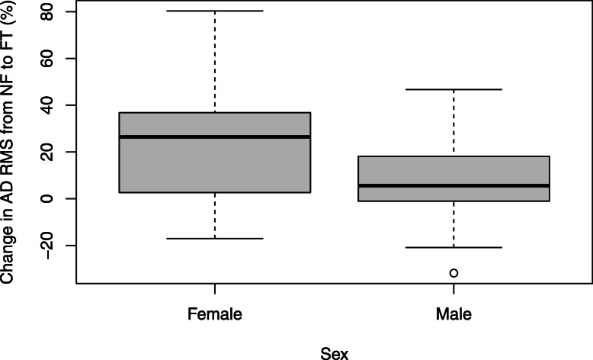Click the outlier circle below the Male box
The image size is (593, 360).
click(x=454, y=272)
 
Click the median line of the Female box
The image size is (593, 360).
click(x=214, y=137)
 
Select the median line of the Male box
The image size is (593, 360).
click(x=454, y=185)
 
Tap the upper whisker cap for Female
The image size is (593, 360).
click(x=214, y=11)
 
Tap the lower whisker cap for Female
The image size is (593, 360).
click(x=214, y=239)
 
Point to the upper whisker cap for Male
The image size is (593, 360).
click(x=454, y=89)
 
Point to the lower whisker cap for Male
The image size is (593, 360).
click(x=454, y=247)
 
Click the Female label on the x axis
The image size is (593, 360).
click(x=214, y=313)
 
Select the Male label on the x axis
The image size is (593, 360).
click(x=454, y=313)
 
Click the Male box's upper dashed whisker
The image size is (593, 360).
click(x=454, y=122)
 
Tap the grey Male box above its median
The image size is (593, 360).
click(x=454, y=171)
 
